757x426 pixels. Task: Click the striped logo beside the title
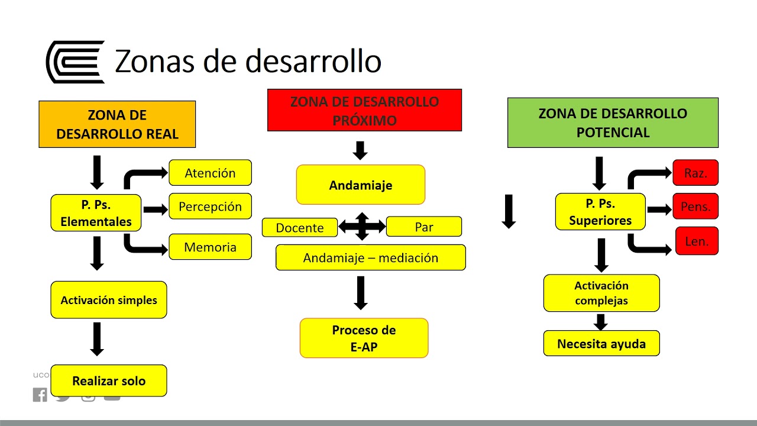click(x=75, y=62)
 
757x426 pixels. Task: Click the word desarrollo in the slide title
click(x=312, y=62)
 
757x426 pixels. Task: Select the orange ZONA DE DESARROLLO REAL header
click(x=117, y=124)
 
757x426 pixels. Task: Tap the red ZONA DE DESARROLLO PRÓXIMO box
click(x=364, y=110)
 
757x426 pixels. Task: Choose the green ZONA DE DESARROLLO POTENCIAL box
click(x=613, y=122)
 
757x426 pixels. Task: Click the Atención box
click(x=210, y=173)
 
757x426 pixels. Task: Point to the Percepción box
click(x=210, y=206)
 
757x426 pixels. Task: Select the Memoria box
click(x=210, y=247)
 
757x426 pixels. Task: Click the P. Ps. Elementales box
click(x=96, y=213)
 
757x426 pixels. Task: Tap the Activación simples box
click(x=109, y=300)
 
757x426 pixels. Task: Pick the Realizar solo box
click(x=109, y=381)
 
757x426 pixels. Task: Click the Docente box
click(x=300, y=228)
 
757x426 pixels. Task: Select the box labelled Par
click(x=423, y=227)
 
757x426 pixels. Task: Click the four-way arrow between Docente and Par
click(x=362, y=227)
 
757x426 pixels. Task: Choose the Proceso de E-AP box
click(x=364, y=338)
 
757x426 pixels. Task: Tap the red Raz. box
click(x=695, y=173)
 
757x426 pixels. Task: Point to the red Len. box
click(x=697, y=241)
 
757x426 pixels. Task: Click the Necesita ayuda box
click(x=601, y=343)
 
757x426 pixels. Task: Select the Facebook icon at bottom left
click(x=40, y=395)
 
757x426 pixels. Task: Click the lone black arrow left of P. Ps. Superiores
click(x=509, y=212)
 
